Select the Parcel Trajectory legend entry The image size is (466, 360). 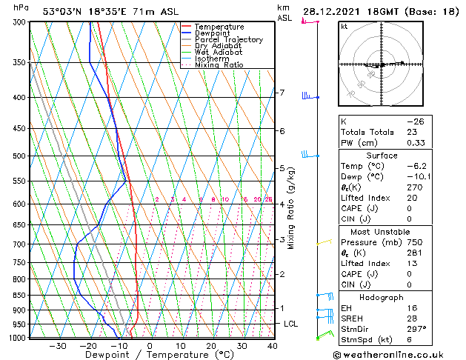[x=228, y=40]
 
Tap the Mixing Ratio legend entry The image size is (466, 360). [x=219, y=65]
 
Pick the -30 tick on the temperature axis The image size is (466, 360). [x=57, y=345]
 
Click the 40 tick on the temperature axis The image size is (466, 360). [x=272, y=345]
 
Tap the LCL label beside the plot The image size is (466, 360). [x=291, y=324]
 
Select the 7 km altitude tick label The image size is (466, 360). [x=282, y=93]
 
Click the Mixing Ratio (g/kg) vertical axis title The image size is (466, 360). [x=291, y=207]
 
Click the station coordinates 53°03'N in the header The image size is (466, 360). [x=64, y=11]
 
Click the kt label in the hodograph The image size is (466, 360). [x=344, y=27]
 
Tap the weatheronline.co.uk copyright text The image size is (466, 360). [x=399, y=354]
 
